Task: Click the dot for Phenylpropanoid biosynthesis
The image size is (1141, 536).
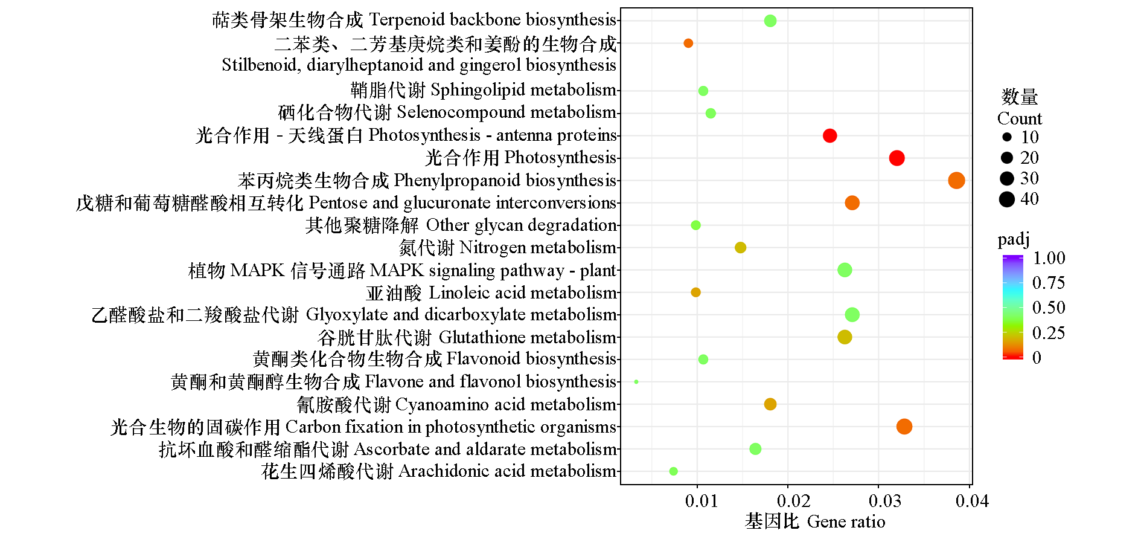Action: point(956,180)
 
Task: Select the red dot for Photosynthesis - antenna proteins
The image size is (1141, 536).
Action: point(830,135)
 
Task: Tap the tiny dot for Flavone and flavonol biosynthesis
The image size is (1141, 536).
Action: point(636,382)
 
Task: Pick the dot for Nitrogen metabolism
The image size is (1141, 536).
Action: point(741,247)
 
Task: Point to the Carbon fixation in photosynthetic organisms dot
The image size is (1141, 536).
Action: point(904,427)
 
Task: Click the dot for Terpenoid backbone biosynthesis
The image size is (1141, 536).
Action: point(770,21)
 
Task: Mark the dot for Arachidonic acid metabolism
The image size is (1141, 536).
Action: point(674,471)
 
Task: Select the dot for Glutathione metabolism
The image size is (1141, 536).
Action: point(845,337)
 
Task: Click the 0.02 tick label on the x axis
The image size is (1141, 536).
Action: point(793,501)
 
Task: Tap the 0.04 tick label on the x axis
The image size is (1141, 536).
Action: point(972,501)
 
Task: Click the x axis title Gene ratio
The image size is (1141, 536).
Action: point(846,521)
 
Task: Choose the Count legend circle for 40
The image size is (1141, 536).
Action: point(1007,199)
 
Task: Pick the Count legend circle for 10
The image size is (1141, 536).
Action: point(1007,137)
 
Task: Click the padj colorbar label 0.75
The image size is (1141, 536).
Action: point(1048,283)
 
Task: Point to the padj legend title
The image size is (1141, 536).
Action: point(1014,239)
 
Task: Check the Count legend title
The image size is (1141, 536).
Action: point(1020,118)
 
